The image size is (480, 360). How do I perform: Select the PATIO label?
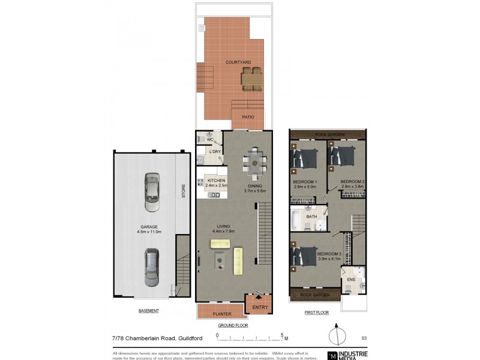(248, 117)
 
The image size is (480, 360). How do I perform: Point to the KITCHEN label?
(216, 181)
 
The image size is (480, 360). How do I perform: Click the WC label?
(210, 140)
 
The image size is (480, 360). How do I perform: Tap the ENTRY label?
(259, 307)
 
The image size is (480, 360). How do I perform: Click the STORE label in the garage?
(184, 191)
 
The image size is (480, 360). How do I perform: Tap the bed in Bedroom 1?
(305, 158)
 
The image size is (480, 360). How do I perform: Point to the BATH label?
(311, 217)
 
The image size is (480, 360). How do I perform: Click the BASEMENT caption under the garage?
(148, 311)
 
